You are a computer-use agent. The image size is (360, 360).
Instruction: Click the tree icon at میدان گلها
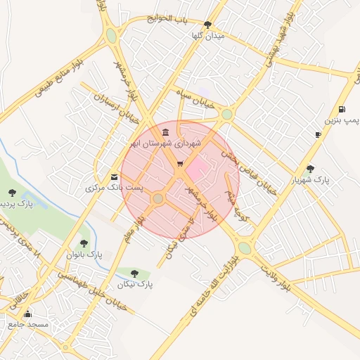pyautogui.click(x=207, y=25)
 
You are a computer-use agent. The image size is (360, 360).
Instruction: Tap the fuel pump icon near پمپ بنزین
pyautogui.click(x=342, y=109)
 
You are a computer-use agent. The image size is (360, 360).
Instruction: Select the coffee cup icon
pyautogui.click(x=318, y=134)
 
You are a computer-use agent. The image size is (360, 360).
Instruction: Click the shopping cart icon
pyautogui.click(x=180, y=164)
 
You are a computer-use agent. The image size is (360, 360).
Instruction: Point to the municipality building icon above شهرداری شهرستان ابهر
pyautogui.click(x=165, y=132)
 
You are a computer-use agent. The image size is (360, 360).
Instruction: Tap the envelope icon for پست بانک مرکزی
pyautogui.click(x=115, y=176)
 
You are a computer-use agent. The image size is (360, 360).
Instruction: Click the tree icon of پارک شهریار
pyautogui.click(x=310, y=168)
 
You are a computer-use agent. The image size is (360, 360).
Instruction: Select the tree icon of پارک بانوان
pyautogui.click(x=84, y=243)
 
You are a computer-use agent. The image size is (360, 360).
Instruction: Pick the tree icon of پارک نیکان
pyautogui.click(x=134, y=274)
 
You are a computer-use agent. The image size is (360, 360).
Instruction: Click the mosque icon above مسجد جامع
pyautogui.click(x=27, y=314)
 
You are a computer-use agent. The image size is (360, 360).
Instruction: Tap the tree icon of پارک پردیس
pyautogui.click(x=11, y=192)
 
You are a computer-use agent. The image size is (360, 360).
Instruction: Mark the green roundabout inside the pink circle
pyautogui.click(x=158, y=199)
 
